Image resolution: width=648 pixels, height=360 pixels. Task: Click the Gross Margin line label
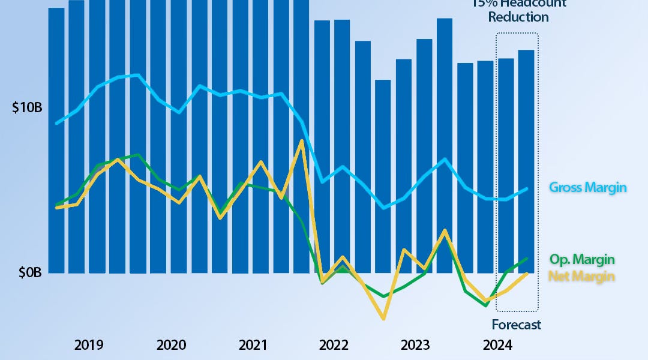pyautogui.click(x=588, y=188)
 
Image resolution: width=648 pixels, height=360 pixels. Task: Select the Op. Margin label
pyautogui.click(x=582, y=260)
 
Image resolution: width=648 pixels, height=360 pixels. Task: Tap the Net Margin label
pyautogui.click(x=582, y=276)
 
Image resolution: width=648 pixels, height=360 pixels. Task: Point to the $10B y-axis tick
pyautogui.click(x=27, y=109)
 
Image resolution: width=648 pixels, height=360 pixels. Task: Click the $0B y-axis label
pyautogui.click(x=29, y=273)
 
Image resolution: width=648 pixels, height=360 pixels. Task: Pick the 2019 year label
pyautogui.click(x=89, y=346)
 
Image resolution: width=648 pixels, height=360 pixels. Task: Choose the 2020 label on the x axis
pyautogui.click(x=171, y=346)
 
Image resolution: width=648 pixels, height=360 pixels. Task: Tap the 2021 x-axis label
pyautogui.click(x=253, y=346)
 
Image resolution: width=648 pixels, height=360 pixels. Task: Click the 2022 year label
pyautogui.click(x=334, y=346)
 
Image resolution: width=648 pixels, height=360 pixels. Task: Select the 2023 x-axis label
pyautogui.click(x=415, y=346)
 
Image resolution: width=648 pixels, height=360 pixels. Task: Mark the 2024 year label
pyautogui.click(x=497, y=346)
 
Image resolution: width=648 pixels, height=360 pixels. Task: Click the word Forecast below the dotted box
pyautogui.click(x=516, y=325)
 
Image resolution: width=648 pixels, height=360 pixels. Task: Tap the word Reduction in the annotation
pyautogui.click(x=518, y=17)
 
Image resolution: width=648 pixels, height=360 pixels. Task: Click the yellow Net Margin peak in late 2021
pyautogui.click(x=301, y=141)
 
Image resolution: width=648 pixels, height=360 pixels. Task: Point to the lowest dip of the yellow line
pyautogui.click(x=383, y=319)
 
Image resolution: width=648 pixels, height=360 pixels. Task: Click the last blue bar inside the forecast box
pyautogui.click(x=526, y=162)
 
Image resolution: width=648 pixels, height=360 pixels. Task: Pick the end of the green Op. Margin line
pyautogui.click(x=526, y=259)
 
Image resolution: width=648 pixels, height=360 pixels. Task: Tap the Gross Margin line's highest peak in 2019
pyautogui.click(x=138, y=75)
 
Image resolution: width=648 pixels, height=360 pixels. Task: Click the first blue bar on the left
pyautogui.click(x=56, y=138)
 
